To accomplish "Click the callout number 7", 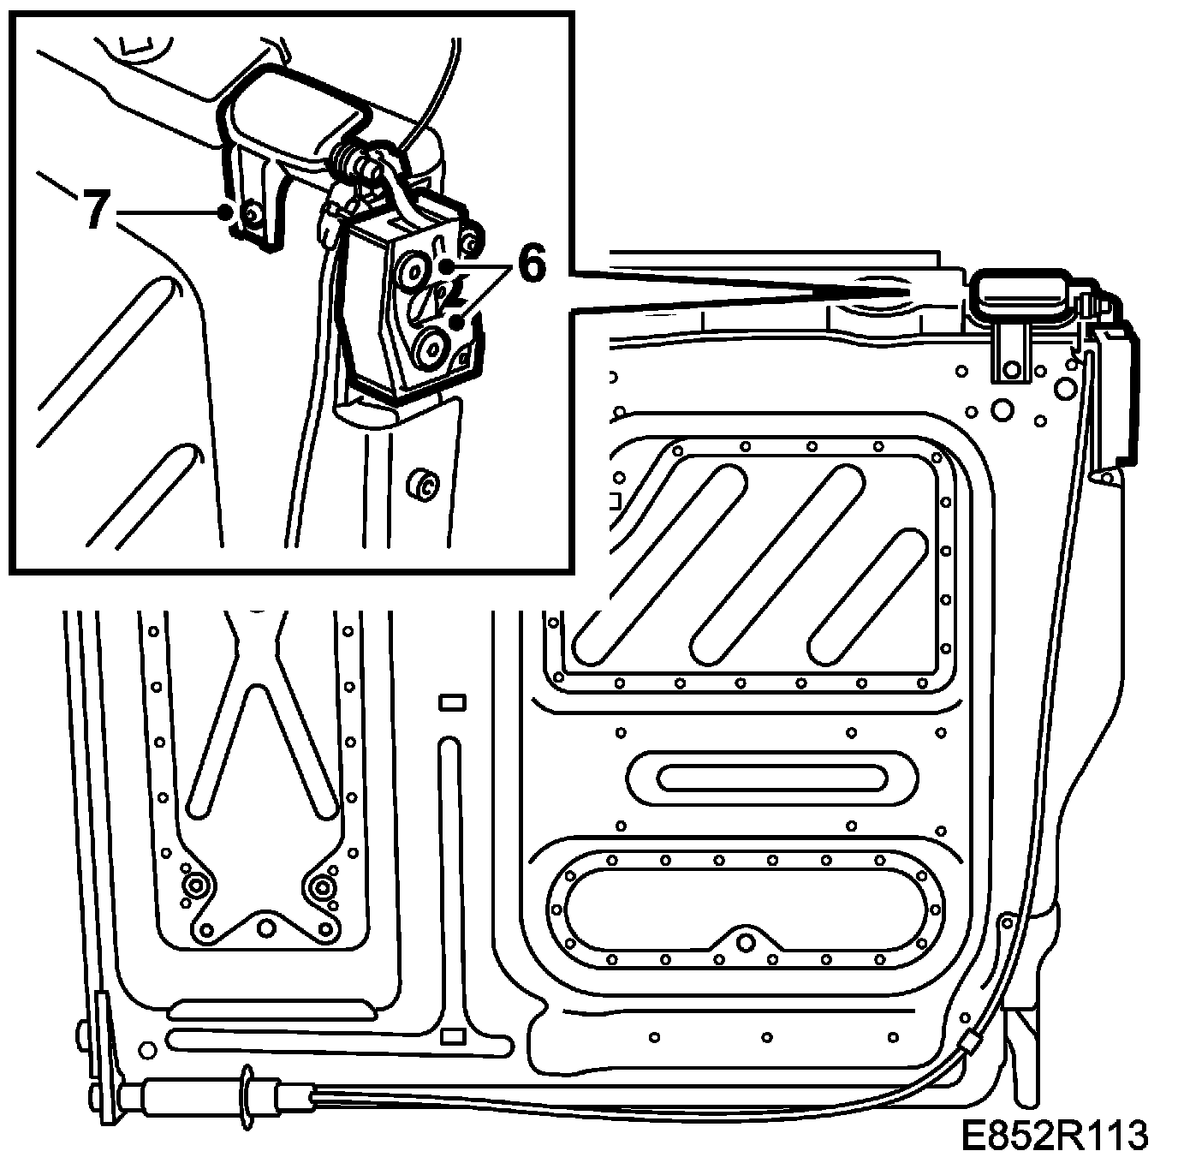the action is coord(96,211).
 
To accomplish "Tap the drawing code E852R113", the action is coord(1053,1136).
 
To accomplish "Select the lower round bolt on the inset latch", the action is coord(427,348).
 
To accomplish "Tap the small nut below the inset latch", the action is coord(422,484).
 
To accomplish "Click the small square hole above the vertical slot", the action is coord(451,703).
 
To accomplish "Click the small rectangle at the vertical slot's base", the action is coord(451,1037).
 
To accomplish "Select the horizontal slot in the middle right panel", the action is coord(771,777).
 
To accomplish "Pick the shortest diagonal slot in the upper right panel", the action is coord(865,597).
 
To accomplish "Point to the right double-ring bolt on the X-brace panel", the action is coord(324,886).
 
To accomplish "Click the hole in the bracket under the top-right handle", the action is coord(1013,370).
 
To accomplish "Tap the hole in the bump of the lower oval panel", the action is coord(746,942).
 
